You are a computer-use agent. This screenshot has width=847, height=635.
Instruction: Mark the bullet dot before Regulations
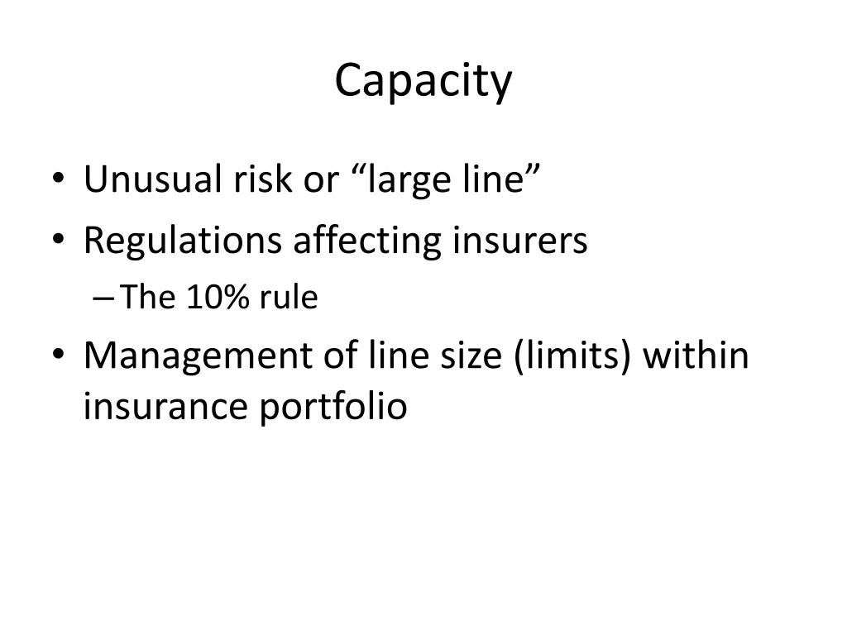click(x=65, y=242)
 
